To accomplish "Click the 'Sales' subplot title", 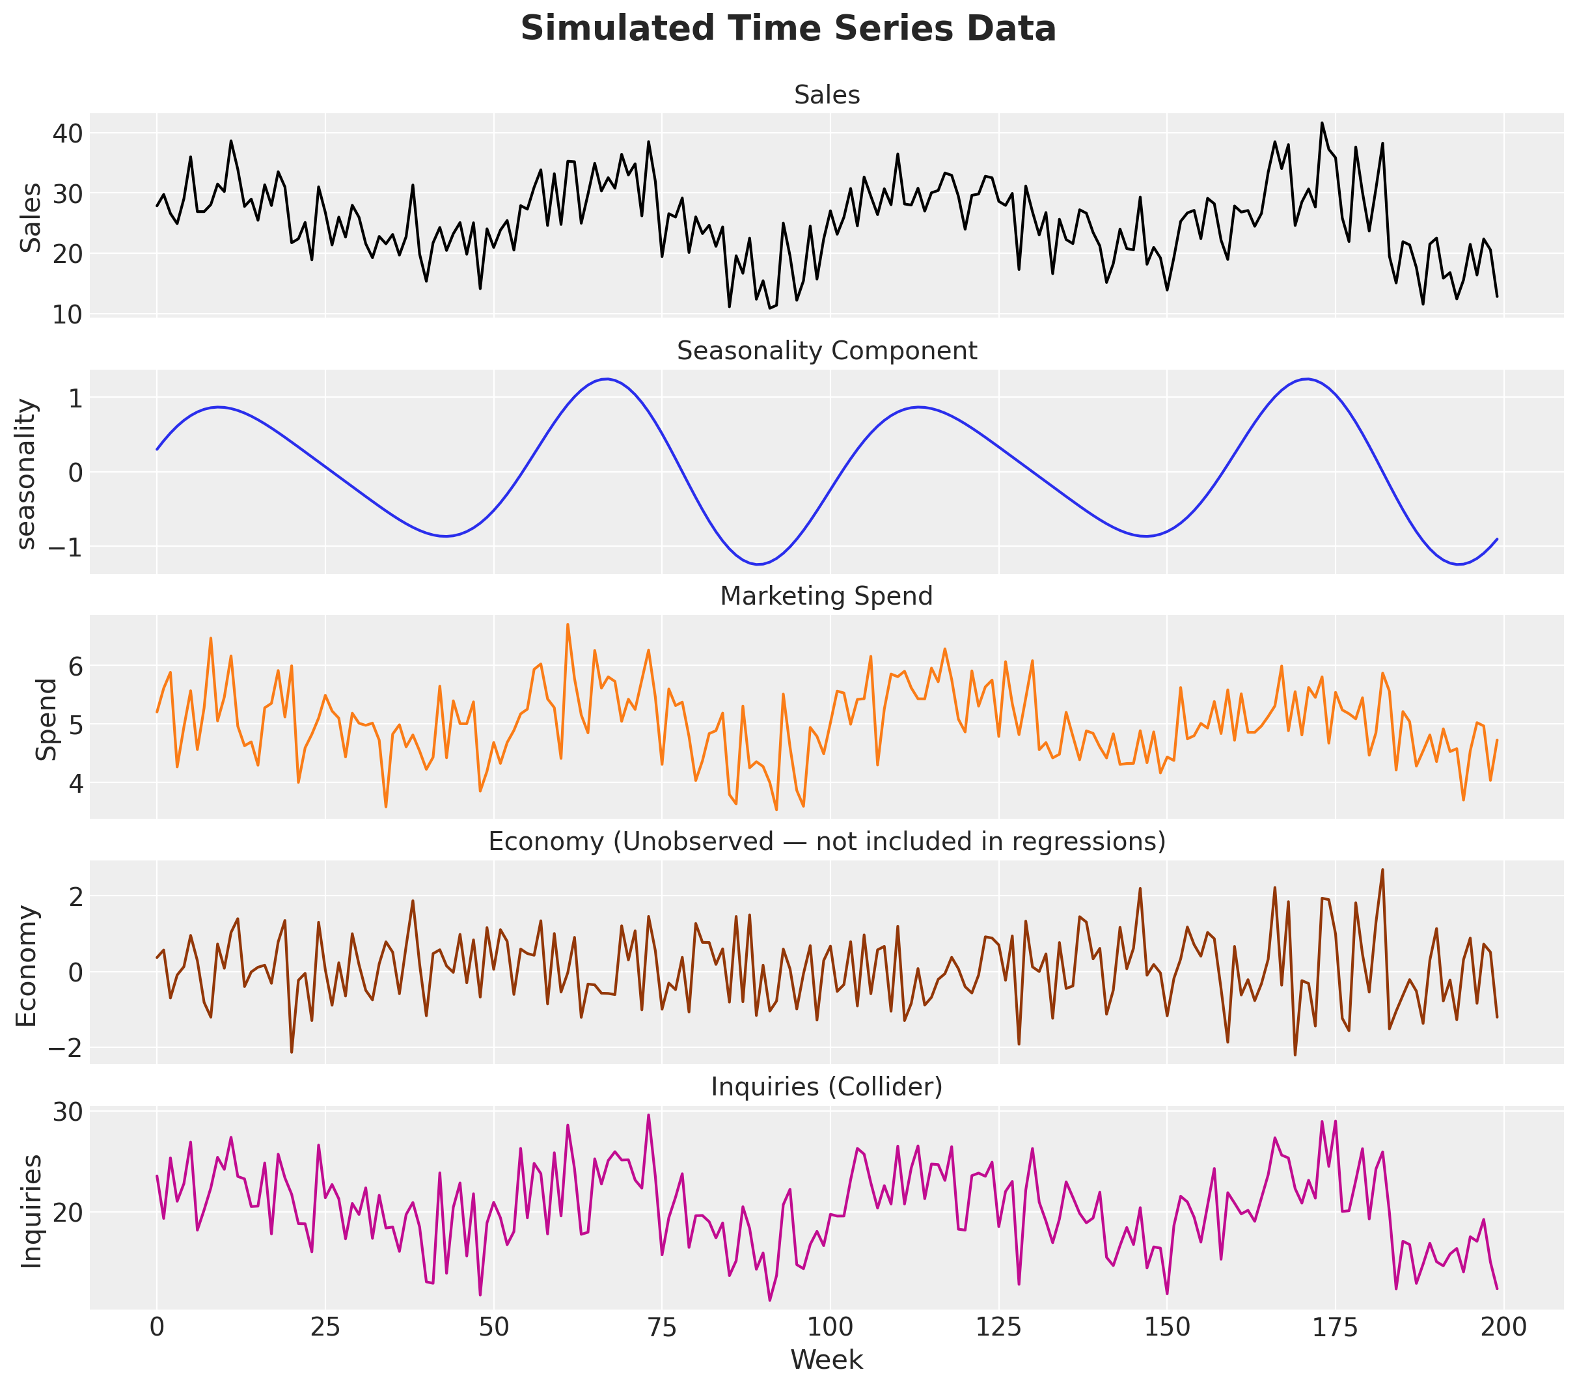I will click(827, 95).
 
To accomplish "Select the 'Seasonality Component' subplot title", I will click(827, 351).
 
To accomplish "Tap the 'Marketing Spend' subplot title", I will click(827, 596).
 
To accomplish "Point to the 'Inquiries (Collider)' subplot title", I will click(827, 1087).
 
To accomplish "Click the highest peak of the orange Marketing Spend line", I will click(567, 624).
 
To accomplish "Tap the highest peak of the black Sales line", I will click(1322, 122).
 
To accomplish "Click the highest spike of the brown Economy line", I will click(1382, 870).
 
